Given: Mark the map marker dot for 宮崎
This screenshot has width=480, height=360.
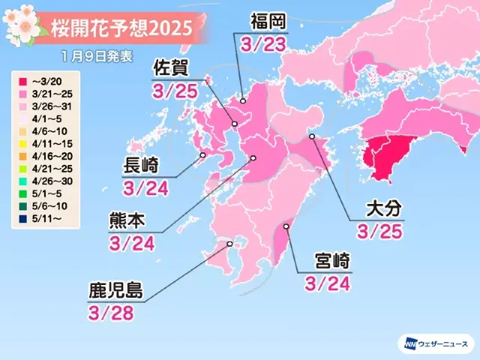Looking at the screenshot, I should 286,226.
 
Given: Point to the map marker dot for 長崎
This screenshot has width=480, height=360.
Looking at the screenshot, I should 202,156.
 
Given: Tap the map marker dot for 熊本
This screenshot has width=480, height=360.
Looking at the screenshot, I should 253,158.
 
